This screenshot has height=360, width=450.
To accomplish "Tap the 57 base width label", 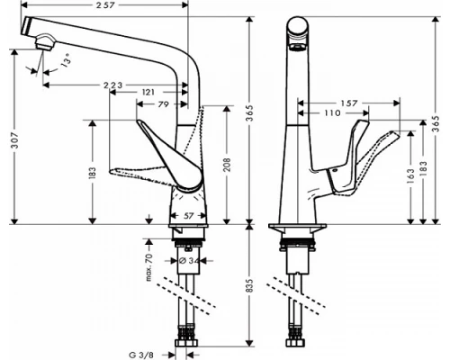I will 190,216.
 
